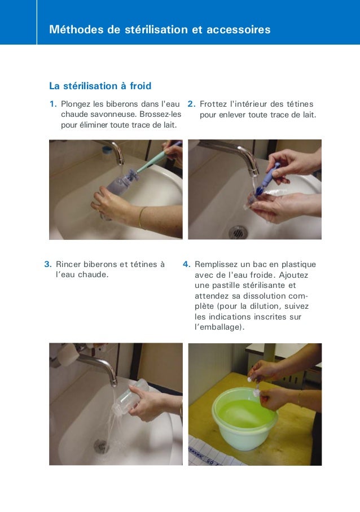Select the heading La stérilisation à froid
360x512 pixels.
click(x=100, y=86)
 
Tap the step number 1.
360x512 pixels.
click(x=53, y=104)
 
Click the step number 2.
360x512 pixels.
click(x=192, y=104)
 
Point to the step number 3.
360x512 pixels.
click(x=48, y=264)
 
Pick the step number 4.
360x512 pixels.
click(x=187, y=264)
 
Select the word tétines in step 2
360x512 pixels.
click(x=300, y=104)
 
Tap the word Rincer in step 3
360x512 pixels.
click(x=68, y=264)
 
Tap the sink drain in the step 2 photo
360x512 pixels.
click(x=238, y=232)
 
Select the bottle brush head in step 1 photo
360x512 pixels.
click(x=132, y=176)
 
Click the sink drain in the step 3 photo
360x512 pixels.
click(x=101, y=446)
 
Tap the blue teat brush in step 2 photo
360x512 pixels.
click(x=267, y=179)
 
